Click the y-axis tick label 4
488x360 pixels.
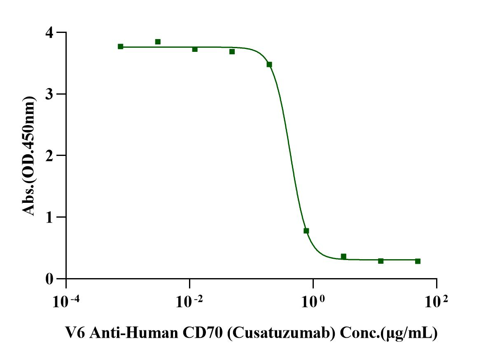51,32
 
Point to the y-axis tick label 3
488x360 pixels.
51,94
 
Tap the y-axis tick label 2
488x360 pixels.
51,156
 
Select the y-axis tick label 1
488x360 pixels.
51,217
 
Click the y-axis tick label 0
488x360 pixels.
51,279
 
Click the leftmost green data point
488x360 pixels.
120,46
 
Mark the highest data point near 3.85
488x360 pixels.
158,42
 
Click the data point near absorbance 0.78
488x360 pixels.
306,231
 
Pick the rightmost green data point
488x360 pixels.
418,261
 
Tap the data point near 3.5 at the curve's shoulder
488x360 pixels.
269,65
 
